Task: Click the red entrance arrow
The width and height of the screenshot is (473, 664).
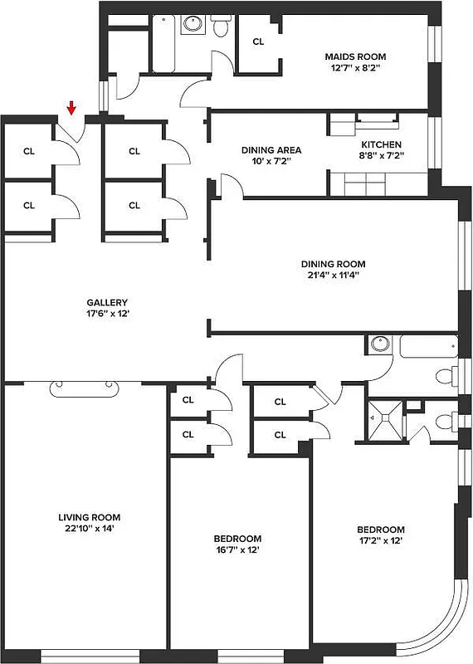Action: click(x=71, y=107)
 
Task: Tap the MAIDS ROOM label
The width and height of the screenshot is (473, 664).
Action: click(x=354, y=56)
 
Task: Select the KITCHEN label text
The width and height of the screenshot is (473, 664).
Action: click(x=380, y=144)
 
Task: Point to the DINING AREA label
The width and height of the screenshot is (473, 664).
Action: click(x=271, y=150)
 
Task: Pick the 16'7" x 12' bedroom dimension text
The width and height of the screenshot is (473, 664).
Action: click(x=237, y=549)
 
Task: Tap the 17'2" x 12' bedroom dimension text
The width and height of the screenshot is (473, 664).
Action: click(x=381, y=541)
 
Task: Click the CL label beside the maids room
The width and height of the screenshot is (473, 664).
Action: click(x=258, y=41)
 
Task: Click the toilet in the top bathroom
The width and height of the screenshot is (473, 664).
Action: click(x=221, y=29)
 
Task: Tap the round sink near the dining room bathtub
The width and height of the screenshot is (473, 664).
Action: click(x=379, y=343)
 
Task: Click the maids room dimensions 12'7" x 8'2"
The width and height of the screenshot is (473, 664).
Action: click(x=354, y=69)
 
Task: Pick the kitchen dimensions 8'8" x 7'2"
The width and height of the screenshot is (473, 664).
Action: click(x=380, y=155)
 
